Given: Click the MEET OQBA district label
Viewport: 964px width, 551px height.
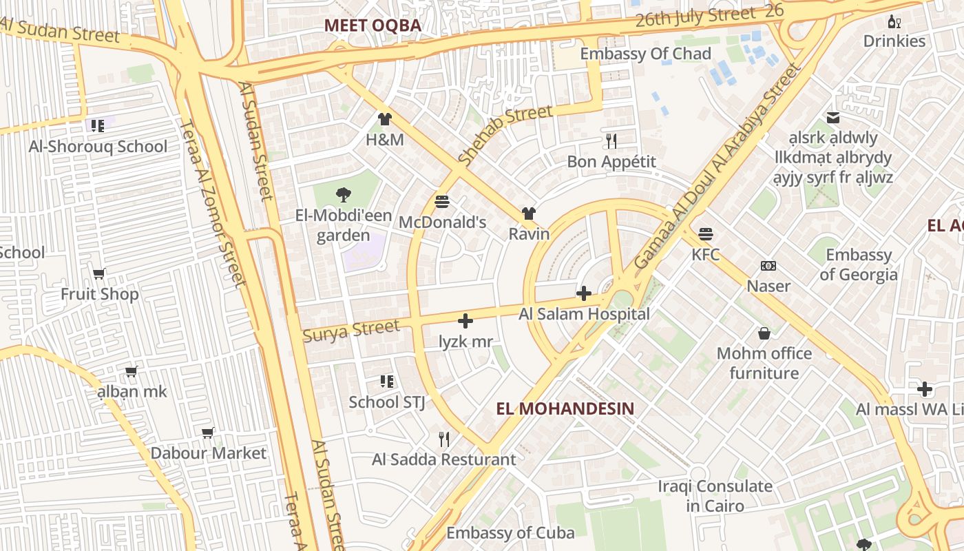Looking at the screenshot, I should pyautogui.click(x=373, y=25).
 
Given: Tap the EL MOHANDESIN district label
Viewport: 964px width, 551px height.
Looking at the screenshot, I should pyautogui.click(x=565, y=408).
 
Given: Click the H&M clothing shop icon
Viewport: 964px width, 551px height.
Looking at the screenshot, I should pyautogui.click(x=384, y=119).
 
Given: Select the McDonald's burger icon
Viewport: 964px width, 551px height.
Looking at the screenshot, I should pyautogui.click(x=442, y=202).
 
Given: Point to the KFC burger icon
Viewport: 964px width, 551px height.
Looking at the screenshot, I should pyautogui.click(x=705, y=233).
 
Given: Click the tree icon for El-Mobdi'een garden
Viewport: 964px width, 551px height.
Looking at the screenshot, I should pyautogui.click(x=343, y=195).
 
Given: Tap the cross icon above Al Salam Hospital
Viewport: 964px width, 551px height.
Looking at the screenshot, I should pyautogui.click(x=583, y=293).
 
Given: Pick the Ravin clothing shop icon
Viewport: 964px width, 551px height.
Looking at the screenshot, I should pyautogui.click(x=528, y=214).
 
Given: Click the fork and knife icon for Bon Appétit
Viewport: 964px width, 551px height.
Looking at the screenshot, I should pyautogui.click(x=611, y=141).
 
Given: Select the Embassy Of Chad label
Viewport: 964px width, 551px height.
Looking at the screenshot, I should pyautogui.click(x=645, y=54).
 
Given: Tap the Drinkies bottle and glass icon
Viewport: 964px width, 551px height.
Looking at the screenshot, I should pyautogui.click(x=894, y=21).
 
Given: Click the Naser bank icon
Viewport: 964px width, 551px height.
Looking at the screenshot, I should pyautogui.click(x=768, y=266).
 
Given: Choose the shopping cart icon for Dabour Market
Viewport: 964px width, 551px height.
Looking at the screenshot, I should pyautogui.click(x=208, y=433).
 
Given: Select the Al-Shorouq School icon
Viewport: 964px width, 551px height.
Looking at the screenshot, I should pyautogui.click(x=97, y=125).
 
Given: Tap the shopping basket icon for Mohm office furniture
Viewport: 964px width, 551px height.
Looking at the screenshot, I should pyautogui.click(x=764, y=333).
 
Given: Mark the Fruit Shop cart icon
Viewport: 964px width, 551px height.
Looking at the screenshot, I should pyautogui.click(x=99, y=273).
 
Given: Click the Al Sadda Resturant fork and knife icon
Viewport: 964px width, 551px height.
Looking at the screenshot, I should pyautogui.click(x=444, y=439).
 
